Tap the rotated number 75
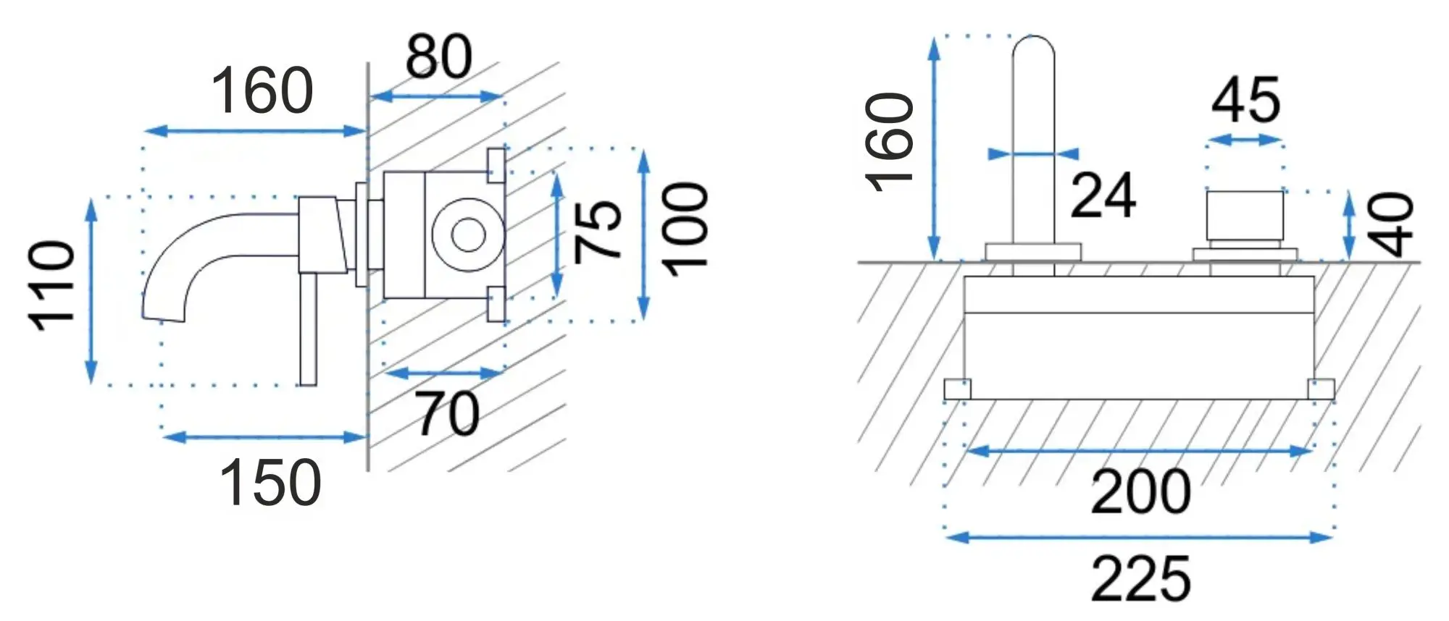pos(598,230)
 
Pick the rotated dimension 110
pos(52,287)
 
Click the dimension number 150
pos(270,483)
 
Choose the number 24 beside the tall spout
pos(1103,196)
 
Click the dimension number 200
pos(1140,493)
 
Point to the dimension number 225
pos(1140,579)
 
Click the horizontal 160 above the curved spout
pos(262,91)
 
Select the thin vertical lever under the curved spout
pos(308,329)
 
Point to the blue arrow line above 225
pos(1140,537)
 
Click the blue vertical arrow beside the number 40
pos(1348,225)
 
